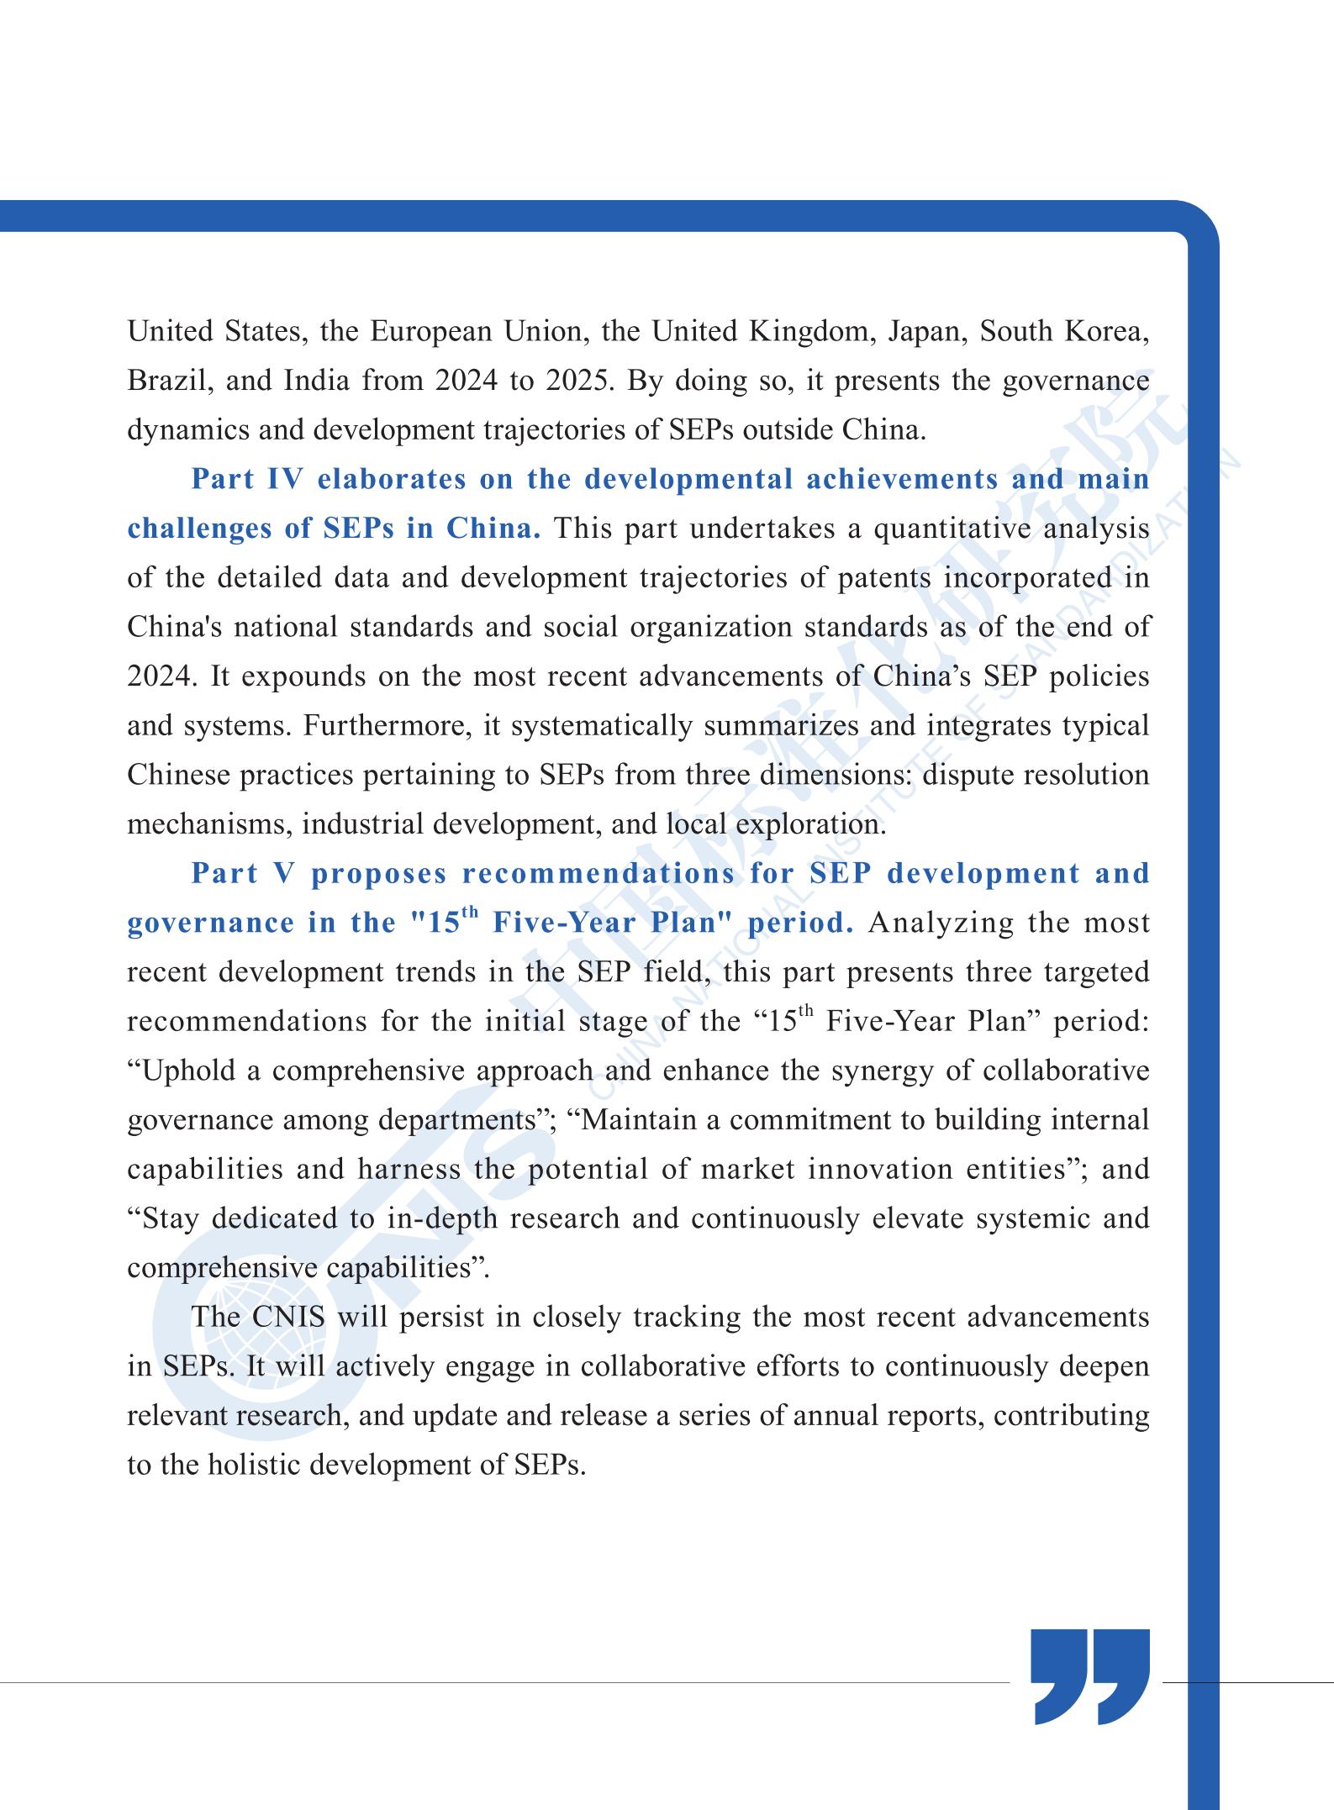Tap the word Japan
tap(923, 332)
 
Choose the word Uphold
tap(193, 1071)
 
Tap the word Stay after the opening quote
tap(171, 1218)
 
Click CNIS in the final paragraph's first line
tap(288, 1317)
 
